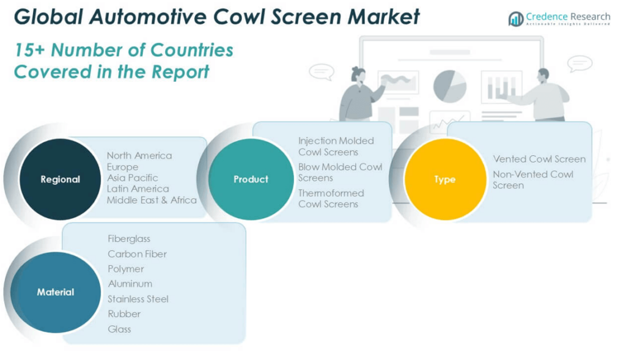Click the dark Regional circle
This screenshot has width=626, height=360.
(60, 178)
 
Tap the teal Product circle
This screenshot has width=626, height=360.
(250, 178)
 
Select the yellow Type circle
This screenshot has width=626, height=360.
(444, 179)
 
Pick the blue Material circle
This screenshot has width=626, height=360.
(56, 292)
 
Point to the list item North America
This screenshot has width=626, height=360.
(139, 155)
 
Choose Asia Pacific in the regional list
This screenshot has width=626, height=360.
(132, 178)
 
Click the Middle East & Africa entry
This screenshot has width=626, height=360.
(152, 200)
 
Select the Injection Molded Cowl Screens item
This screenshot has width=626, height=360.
(336, 146)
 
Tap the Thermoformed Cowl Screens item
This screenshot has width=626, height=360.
(331, 199)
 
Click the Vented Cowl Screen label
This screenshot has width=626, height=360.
(539, 159)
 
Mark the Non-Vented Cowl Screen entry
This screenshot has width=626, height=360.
(533, 180)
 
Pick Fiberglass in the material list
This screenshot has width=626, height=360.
(129, 238)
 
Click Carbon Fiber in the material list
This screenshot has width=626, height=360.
(137, 254)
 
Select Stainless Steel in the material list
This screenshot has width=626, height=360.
(138, 299)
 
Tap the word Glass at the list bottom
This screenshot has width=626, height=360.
(119, 329)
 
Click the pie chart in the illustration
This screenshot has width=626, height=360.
(449, 86)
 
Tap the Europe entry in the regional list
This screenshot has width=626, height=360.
(122, 167)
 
